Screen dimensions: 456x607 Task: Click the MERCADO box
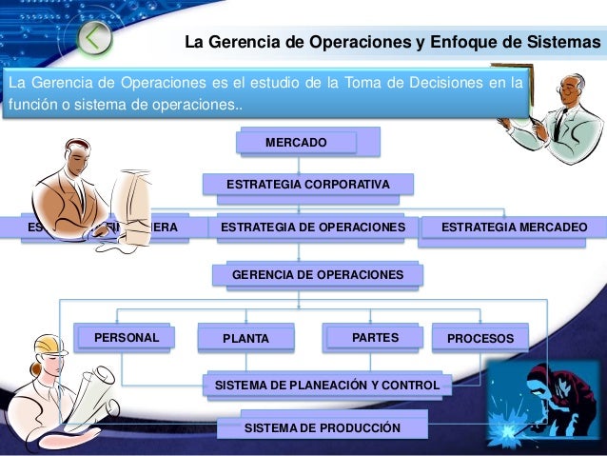[x=296, y=143]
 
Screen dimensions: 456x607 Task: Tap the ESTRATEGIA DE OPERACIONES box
[x=311, y=228]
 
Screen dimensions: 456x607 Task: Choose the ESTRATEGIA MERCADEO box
[x=515, y=228]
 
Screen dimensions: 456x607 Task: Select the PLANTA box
[x=245, y=338]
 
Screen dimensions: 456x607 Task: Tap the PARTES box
[x=374, y=337]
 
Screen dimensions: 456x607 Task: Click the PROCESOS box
[x=480, y=338]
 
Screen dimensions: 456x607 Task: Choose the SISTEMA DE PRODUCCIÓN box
[x=323, y=428]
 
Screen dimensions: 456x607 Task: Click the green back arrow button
[x=92, y=37]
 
